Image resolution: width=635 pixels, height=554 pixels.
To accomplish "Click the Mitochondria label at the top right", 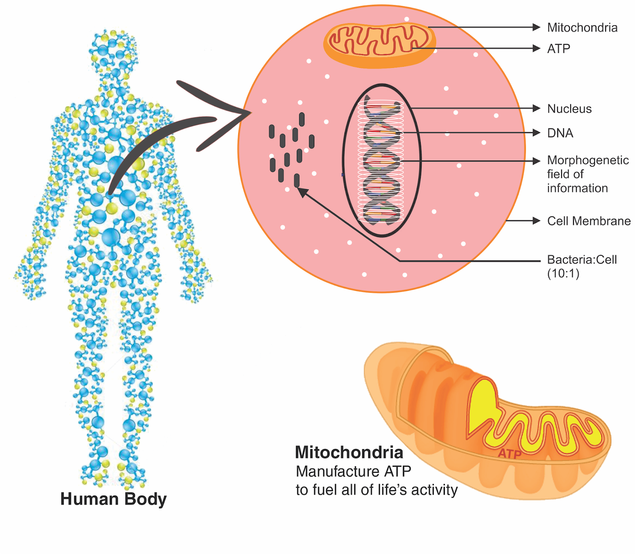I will coord(582,28).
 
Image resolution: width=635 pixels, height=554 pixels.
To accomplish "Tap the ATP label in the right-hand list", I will coord(558,49).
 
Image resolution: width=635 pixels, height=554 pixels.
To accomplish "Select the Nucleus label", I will coord(569,109).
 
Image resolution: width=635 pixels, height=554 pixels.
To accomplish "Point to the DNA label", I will coord(560,133).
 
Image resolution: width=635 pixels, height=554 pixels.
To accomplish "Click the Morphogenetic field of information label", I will coord(587,174).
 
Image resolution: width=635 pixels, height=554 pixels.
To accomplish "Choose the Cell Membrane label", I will coord(589,221).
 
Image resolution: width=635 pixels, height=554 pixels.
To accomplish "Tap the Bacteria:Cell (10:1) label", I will coord(581,266).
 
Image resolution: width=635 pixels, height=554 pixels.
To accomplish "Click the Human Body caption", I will coord(114,499).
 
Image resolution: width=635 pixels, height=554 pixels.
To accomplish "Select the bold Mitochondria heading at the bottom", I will coord(349,452).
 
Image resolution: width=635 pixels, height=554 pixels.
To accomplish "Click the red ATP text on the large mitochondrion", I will coord(509,454).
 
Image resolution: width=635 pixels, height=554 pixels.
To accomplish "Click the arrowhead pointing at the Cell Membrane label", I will coord(537,221).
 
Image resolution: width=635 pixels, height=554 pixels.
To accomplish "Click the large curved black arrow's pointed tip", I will coord(249,113).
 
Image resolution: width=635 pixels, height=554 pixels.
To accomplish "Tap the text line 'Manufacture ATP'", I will coord(353,471).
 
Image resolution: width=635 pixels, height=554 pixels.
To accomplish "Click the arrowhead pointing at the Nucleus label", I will coord(537,108).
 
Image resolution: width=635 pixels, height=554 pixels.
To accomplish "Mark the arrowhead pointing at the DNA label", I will coord(537,133).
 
